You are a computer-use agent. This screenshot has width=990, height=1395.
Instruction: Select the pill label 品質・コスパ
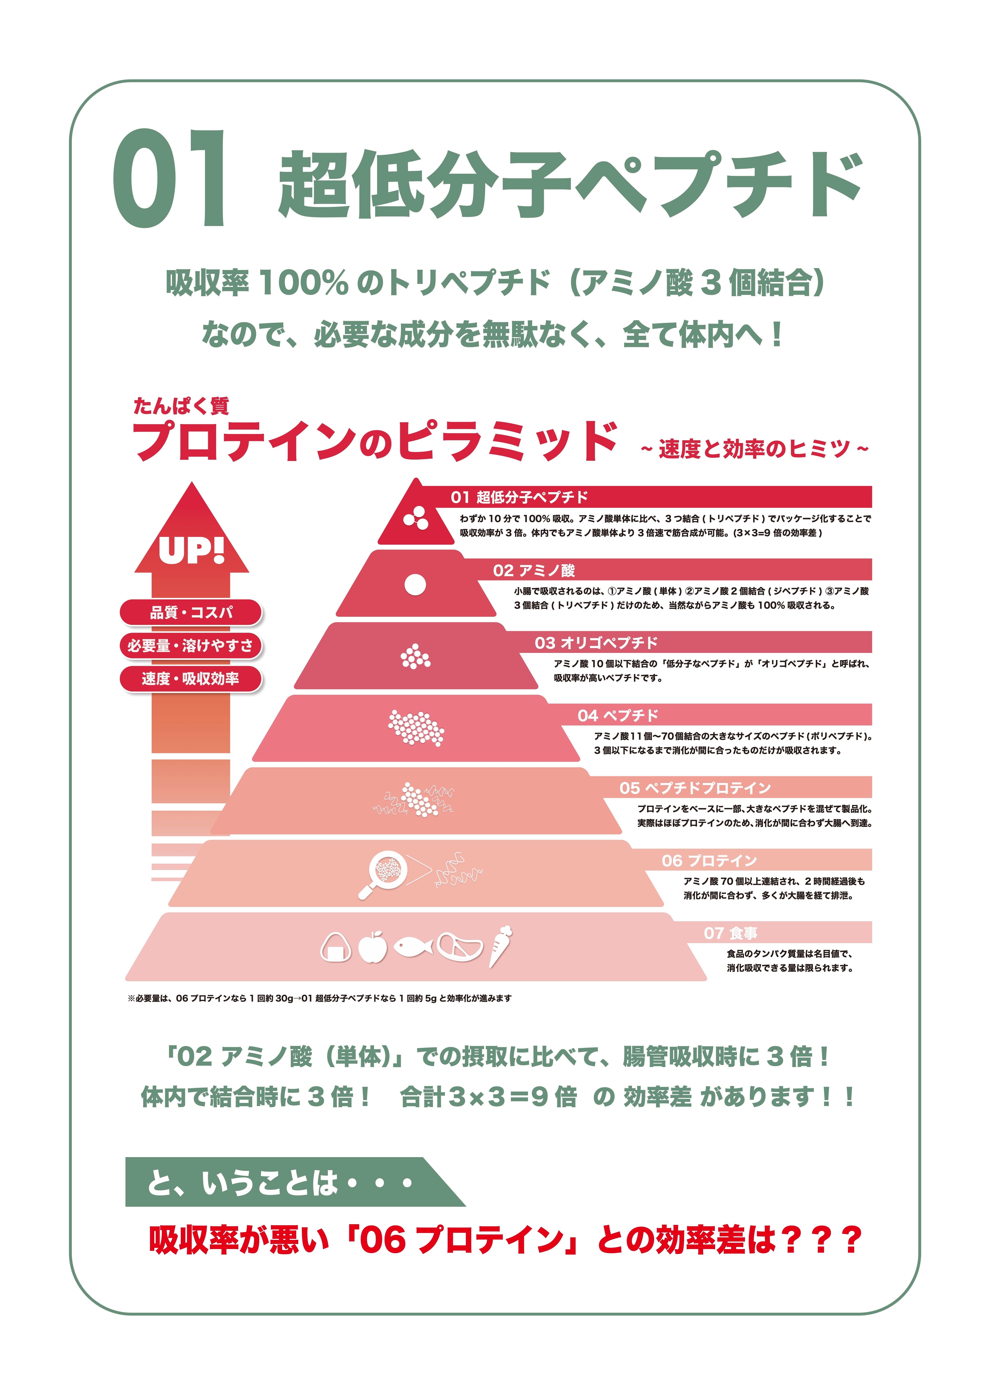click(191, 612)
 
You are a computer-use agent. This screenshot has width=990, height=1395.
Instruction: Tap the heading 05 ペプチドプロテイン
click(695, 788)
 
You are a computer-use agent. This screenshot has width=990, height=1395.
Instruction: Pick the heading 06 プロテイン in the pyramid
click(709, 860)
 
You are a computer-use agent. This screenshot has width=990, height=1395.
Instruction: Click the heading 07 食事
click(730, 933)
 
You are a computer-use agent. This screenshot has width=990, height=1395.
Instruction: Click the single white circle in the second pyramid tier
click(415, 585)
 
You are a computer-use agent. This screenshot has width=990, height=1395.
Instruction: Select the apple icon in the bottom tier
click(372, 947)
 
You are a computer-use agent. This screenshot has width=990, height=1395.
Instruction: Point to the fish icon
click(413, 947)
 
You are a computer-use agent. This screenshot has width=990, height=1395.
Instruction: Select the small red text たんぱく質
click(181, 406)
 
